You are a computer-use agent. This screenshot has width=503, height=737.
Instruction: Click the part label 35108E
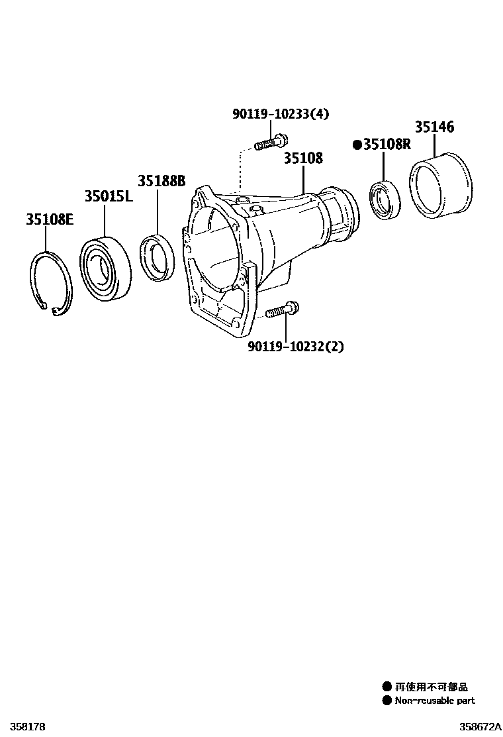point(50,219)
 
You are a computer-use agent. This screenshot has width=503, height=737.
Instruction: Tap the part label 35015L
point(109,196)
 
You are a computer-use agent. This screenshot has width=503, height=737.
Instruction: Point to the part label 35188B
point(161,180)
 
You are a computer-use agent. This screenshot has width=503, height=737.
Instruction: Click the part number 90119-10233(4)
point(281,113)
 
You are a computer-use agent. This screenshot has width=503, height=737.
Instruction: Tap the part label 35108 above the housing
point(303,158)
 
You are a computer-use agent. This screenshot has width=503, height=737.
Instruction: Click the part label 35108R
point(387,144)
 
